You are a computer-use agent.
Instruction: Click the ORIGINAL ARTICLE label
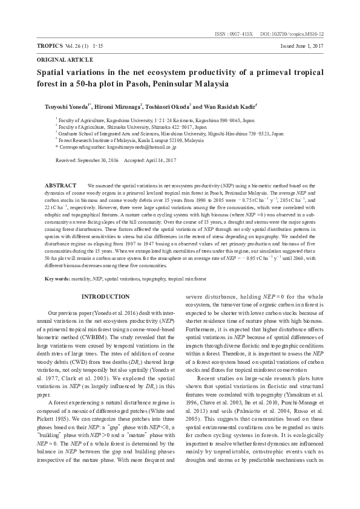click(65, 60)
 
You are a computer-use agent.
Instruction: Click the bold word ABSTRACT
click(61, 184)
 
